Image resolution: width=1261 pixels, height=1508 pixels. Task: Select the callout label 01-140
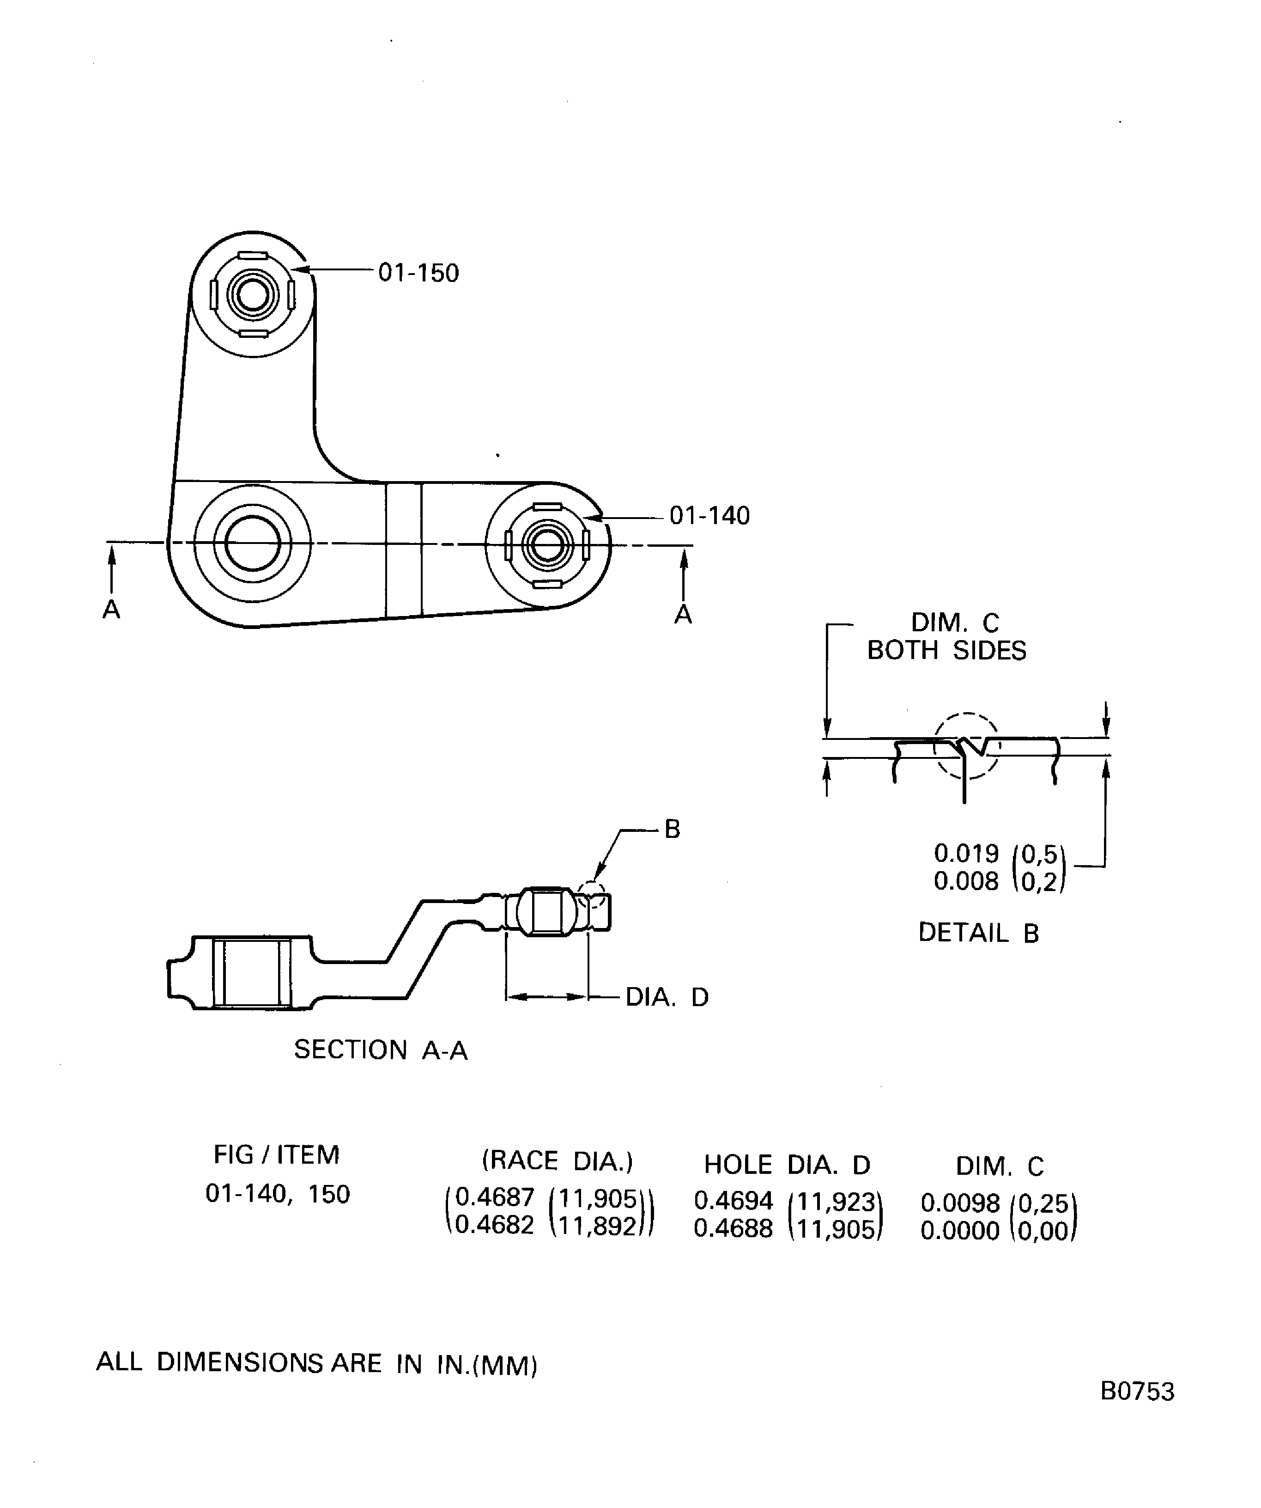(709, 516)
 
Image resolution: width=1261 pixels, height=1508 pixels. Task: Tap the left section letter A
(111, 610)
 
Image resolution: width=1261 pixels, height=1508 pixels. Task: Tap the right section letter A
(683, 615)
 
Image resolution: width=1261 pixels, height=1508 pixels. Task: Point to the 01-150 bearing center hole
(253, 294)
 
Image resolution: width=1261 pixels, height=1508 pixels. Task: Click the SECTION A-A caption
(381, 1050)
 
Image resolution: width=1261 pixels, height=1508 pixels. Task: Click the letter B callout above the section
(672, 830)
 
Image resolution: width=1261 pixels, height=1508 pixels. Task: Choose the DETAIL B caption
(978, 933)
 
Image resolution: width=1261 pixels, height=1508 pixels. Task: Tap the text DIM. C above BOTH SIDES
(955, 623)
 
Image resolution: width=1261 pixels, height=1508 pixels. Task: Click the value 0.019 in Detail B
(966, 854)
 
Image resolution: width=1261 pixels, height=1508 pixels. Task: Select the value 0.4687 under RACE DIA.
(495, 1197)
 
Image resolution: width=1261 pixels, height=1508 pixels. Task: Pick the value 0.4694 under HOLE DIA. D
(733, 1200)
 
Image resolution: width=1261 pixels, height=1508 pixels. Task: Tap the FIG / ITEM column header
(276, 1155)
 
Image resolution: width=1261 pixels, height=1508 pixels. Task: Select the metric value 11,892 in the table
(597, 1226)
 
